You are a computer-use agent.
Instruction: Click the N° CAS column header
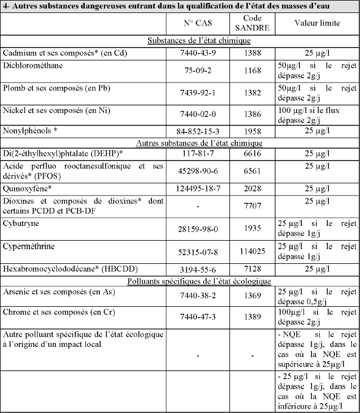point(197,25)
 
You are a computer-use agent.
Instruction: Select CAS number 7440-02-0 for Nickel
point(197,114)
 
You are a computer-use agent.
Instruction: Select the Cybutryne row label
point(20,223)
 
